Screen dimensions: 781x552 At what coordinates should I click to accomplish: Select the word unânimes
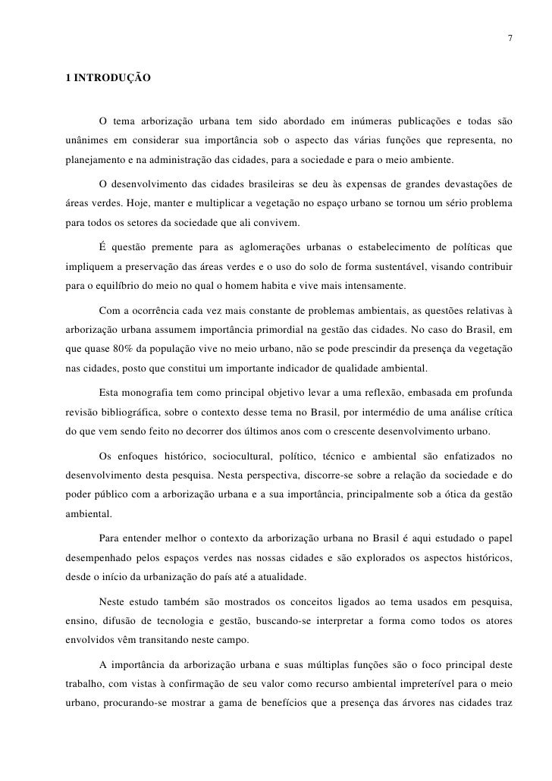86,141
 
